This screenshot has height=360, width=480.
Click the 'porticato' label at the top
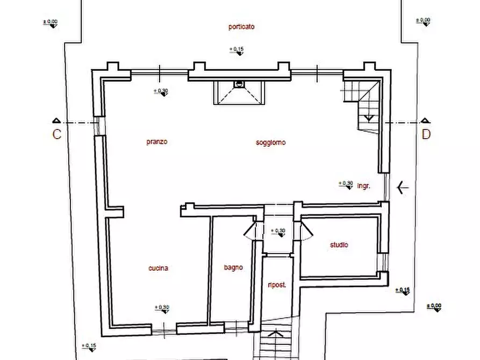[x=241, y=26]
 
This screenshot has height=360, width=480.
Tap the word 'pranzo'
[x=157, y=142]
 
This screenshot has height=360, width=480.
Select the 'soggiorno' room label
[x=271, y=142]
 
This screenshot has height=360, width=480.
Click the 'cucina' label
[x=159, y=268]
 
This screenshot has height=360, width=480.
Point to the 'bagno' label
[x=233, y=267]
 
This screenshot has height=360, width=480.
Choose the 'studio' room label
[x=339, y=245]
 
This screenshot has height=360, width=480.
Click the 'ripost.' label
[x=277, y=285]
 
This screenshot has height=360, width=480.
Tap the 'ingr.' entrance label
[x=364, y=186]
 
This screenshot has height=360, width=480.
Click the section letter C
[x=56, y=135]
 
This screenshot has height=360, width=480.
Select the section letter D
[x=426, y=135]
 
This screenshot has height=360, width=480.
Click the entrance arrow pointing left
[x=403, y=188]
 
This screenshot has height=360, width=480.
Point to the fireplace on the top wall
[x=239, y=93]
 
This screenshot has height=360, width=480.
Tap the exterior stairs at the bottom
[x=276, y=344]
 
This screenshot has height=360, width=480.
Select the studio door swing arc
[x=307, y=231]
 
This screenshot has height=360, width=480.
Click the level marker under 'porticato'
[x=237, y=51]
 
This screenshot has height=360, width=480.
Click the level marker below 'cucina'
[x=162, y=309]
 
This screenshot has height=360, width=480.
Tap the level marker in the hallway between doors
[x=278, y=232]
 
